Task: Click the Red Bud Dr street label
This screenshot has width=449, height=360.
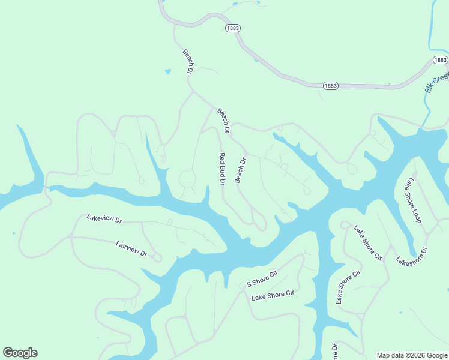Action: (221, 169)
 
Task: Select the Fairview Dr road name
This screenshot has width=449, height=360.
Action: (131, 248)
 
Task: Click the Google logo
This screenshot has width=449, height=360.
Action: (20, 353)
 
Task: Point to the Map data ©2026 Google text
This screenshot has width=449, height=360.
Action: (411, 355)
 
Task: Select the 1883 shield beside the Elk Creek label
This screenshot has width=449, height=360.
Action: (440, 60)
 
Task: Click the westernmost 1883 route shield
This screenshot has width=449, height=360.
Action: (233, 28)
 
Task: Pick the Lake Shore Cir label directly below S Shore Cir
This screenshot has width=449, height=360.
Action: (273, 295)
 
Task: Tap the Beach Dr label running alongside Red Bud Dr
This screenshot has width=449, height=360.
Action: (241, 170)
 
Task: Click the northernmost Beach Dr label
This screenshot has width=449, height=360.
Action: (188, 61)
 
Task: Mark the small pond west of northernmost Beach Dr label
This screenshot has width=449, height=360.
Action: (168, 72)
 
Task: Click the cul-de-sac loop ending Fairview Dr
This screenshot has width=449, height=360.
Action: (158, 258)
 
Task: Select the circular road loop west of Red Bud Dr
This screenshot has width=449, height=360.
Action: (187, 179)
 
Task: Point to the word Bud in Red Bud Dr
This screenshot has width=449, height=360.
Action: (221, 168)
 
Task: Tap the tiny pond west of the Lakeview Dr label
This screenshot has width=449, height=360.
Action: (13, 233)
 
